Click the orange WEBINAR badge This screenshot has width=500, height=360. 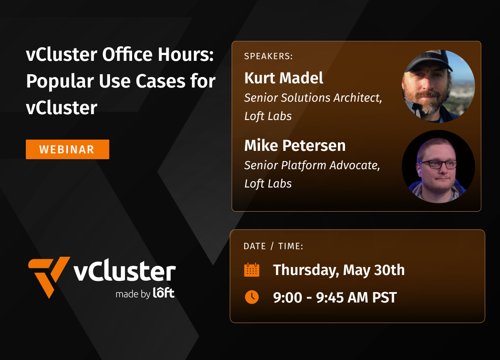67,149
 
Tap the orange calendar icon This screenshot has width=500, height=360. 252,270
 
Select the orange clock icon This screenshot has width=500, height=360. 252,297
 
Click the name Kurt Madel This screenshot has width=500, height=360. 283,78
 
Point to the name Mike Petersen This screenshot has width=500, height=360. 295,145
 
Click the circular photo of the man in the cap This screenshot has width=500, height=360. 438,87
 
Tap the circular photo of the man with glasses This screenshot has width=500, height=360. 438,166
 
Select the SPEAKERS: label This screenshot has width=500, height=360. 268,56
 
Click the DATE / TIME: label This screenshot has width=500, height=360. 273,246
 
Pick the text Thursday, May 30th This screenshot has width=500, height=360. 338,270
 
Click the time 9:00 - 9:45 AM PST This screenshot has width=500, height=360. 335,297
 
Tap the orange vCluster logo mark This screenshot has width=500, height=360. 48,275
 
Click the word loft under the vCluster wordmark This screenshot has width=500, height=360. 164,293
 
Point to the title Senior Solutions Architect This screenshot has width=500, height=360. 313,98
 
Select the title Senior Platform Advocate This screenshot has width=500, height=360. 312,165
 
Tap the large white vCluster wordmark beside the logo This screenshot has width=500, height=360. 125,272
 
